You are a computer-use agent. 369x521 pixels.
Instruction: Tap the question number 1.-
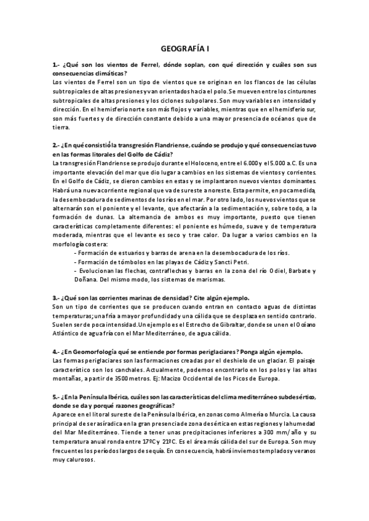(x=56, y=65)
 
